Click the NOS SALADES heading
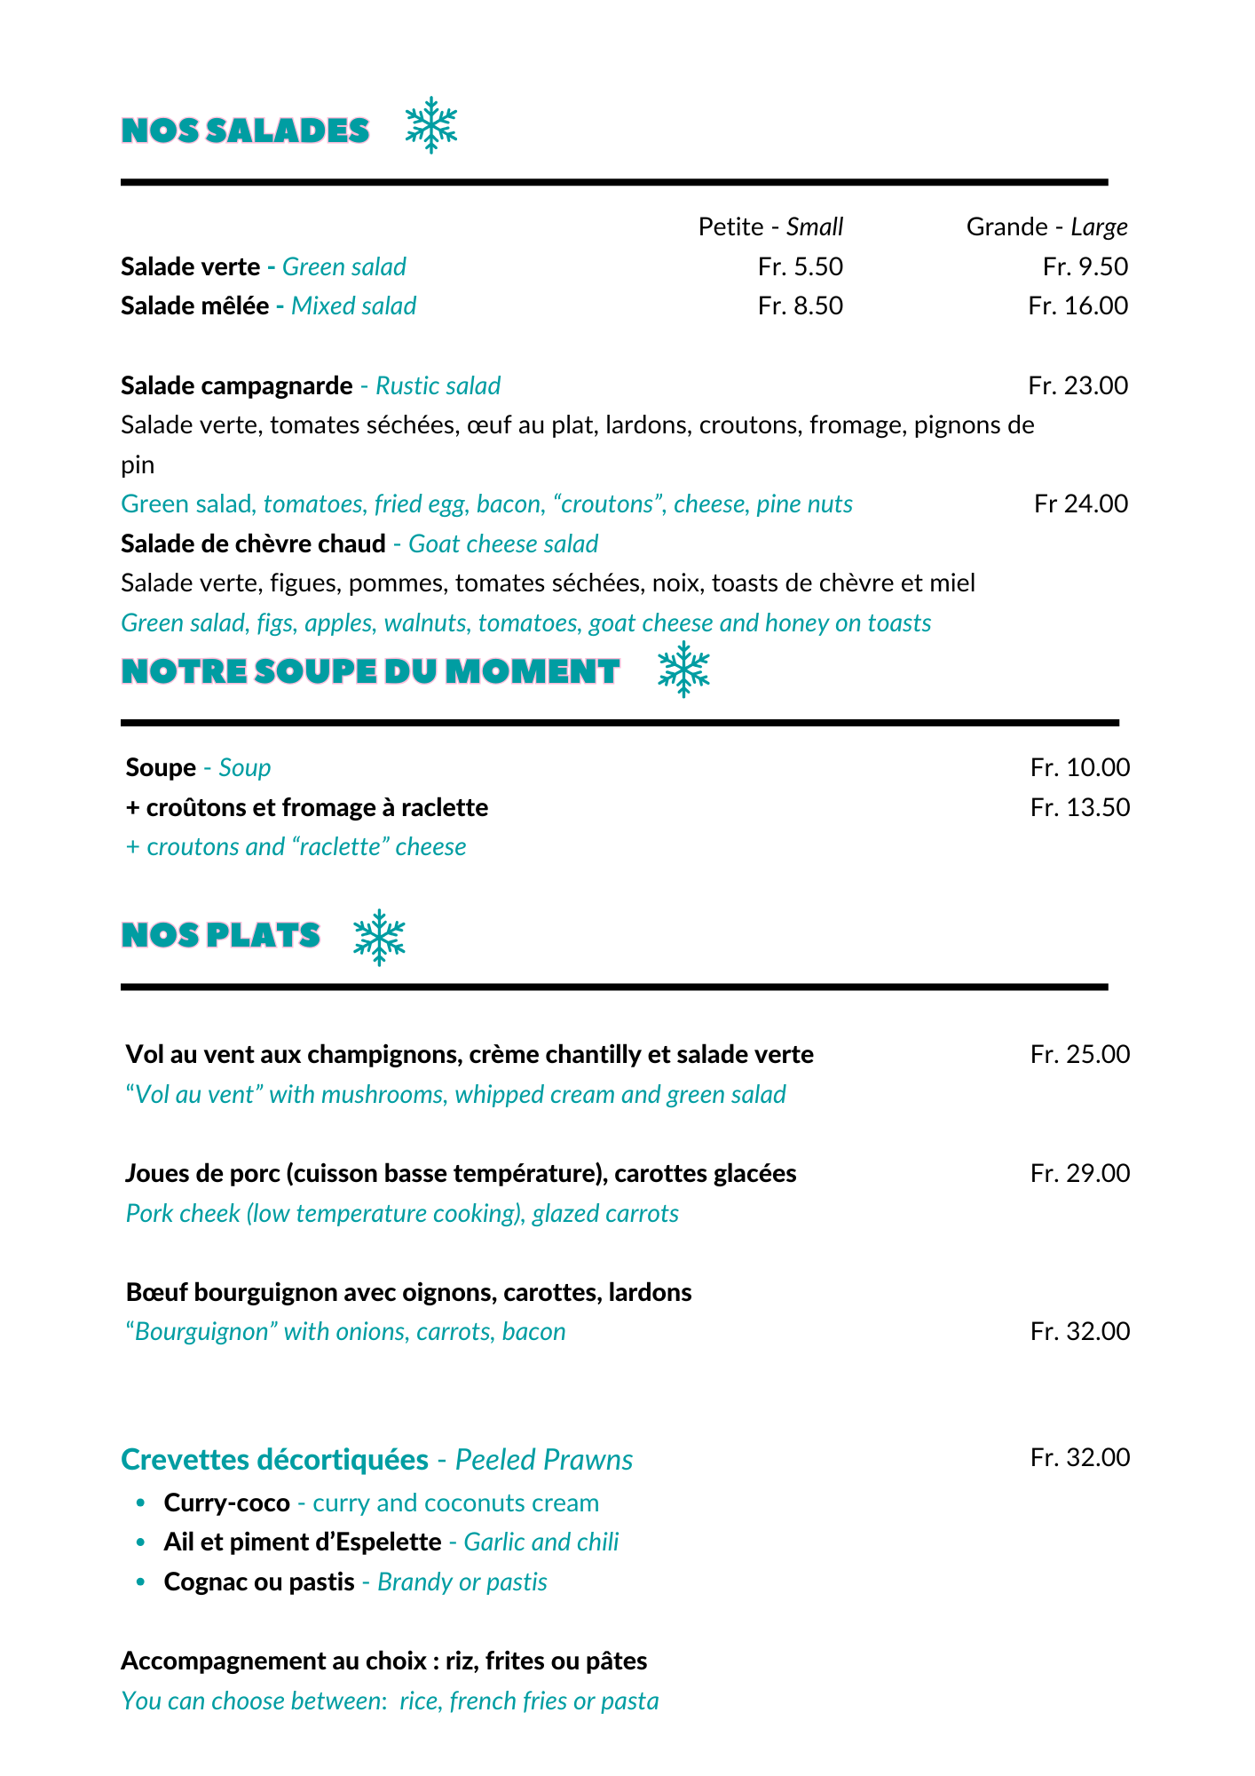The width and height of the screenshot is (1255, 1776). tap(245, 131)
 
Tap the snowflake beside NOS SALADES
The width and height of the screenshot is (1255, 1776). tap(431, 125)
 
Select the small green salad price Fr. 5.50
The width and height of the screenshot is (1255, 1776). tap(800, 266)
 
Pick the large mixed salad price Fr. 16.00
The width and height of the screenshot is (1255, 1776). tap(1077, 305)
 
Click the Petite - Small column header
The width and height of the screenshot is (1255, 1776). tap(770, 226)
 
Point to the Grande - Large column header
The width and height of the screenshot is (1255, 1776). tap(1046, 226)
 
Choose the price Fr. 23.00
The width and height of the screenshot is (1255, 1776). tap(1077, 385)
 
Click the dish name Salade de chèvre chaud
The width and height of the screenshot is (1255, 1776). tap(253, 543)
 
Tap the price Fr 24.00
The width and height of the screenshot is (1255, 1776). tap(1080, 503)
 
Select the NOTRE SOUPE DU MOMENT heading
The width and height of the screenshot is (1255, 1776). tap(370, 671)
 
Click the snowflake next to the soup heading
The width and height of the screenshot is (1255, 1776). tap(683, 669)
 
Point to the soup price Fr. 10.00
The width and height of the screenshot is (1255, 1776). tap(1079, 767)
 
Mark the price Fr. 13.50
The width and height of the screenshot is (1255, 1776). tap(1079, 807)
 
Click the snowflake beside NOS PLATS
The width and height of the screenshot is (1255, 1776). tap(379, 937)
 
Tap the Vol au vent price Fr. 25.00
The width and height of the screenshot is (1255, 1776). tap(1079, 1054)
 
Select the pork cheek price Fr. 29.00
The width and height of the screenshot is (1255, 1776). tap(1079, 1173)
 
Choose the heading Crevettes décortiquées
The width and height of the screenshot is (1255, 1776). tap(274, 1459)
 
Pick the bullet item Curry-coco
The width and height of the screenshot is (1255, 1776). tap(226, 1502)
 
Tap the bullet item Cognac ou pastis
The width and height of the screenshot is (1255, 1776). tap(259, 1582)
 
